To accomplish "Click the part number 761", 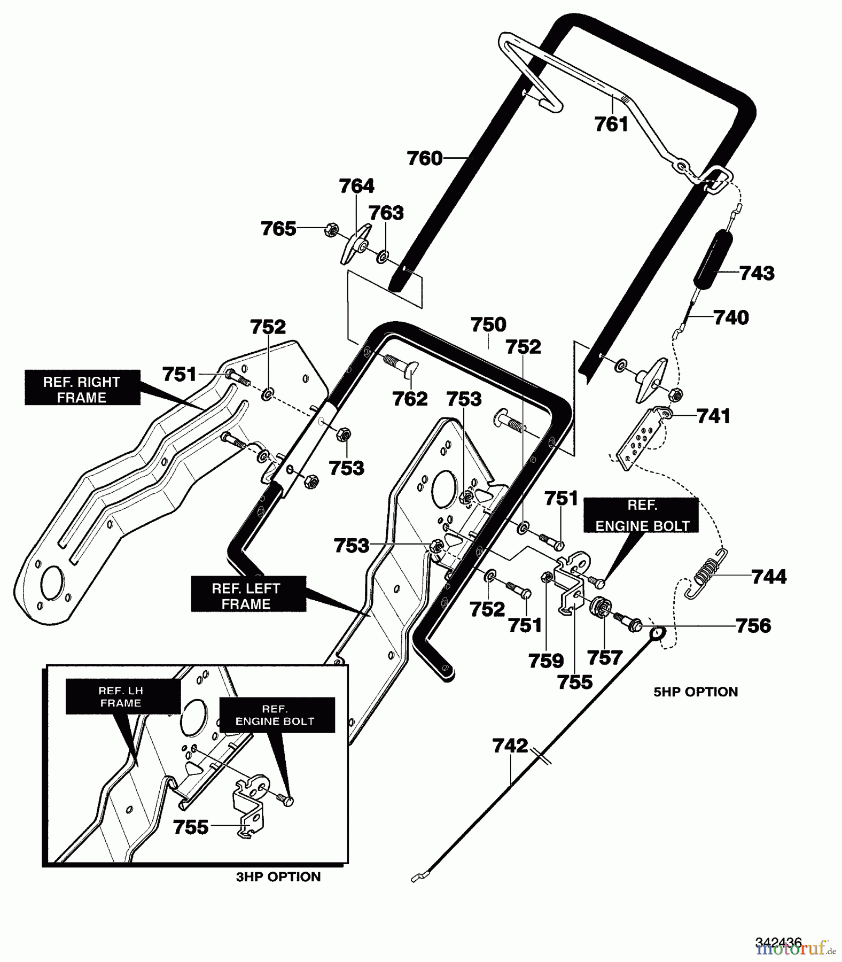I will (611, 125).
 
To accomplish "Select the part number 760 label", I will (425, 158).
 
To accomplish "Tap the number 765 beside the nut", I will (278, 229).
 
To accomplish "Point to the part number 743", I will (757, 273).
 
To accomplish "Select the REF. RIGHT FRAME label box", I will (82, 390).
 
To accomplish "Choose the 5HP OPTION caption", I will (696, 692).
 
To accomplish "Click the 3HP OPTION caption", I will (278, 876).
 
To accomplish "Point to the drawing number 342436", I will (778, 942).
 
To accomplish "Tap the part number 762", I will (410, 399).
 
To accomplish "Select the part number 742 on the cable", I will (510, 746).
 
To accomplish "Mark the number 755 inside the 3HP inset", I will (191, 827).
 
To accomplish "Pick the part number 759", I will (546, 661).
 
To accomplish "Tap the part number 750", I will (488, 324).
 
